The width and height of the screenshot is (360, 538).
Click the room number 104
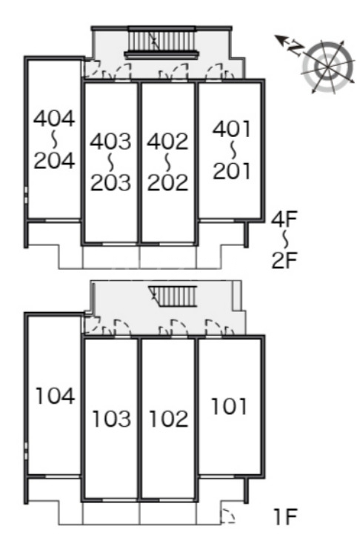point(56,396)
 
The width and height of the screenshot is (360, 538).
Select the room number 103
point(112,419)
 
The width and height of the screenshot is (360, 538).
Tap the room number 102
point(169,419)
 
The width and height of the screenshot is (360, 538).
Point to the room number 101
point(229,406)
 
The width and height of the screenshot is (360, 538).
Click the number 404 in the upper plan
point(54,119)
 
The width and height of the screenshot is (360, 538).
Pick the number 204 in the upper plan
point(54,160)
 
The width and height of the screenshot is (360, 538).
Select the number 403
point(110,141)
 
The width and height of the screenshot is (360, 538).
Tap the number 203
point(110,182)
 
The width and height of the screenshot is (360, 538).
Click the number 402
point(167,141)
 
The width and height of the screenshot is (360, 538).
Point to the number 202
point(167,182)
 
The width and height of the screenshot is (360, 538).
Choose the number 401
point(232,129)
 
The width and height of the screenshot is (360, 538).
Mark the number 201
point(232,171)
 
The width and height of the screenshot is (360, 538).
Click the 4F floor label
point(284,219)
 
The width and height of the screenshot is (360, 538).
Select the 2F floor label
point(284,260)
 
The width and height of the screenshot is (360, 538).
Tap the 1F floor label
point(285,517)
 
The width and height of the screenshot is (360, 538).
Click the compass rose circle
point(328,67)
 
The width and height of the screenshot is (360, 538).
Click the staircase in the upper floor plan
point(161,41)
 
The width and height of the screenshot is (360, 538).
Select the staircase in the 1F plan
point(173,296)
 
